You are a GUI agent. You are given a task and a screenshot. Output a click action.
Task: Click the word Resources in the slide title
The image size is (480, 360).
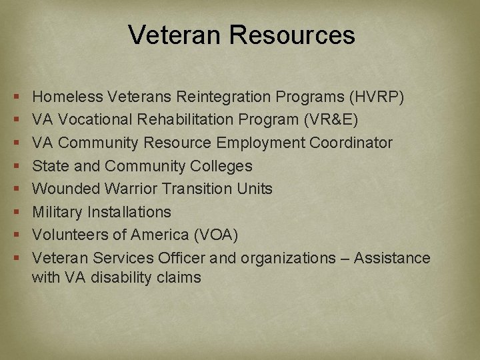291,35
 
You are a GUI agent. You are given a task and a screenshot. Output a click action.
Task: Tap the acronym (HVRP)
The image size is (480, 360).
377,97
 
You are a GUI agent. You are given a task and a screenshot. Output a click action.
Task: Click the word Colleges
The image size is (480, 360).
220,166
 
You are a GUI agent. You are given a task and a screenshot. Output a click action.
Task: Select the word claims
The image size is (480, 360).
179,277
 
